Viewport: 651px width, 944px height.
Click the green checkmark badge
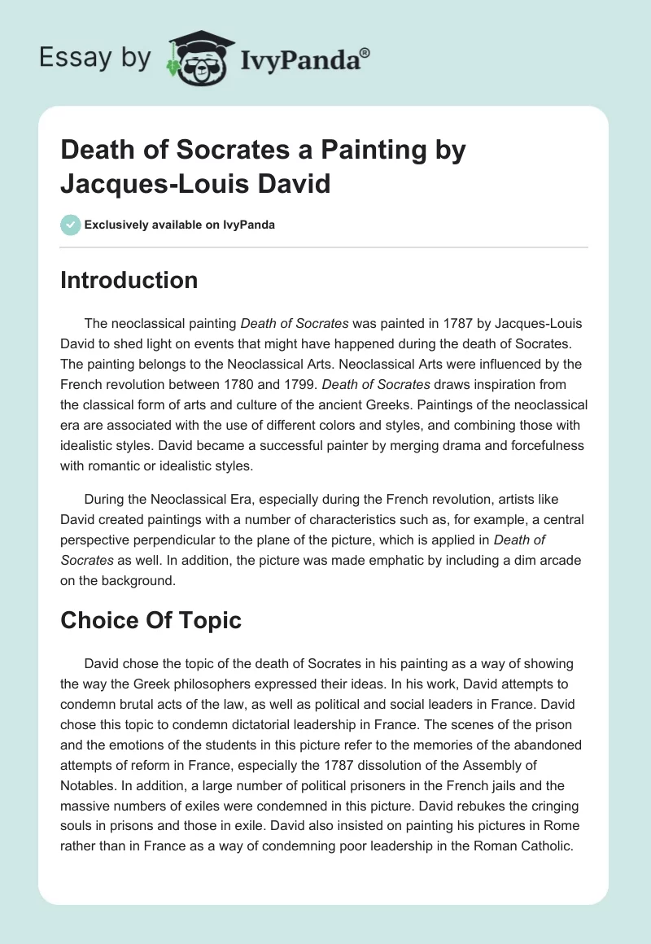tap(70, 225)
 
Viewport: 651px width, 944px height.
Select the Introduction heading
tap(129, 281)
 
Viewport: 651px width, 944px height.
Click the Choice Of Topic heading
tap(151, 621)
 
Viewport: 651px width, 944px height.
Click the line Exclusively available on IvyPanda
tap(179, 225)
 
